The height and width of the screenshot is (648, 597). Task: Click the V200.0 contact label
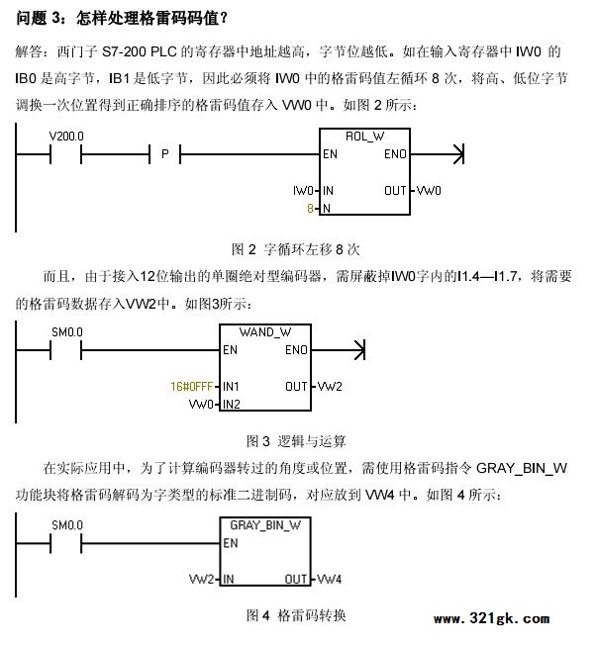tap(66, 136)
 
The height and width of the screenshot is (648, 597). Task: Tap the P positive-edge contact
tap(165, 154)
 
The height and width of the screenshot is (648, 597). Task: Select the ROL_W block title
tap(364, 137)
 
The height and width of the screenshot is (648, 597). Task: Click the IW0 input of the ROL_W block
tap(303, 191)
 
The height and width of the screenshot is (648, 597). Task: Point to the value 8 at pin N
tap(310, 209)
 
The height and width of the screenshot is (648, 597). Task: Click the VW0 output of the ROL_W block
tap(429, 191)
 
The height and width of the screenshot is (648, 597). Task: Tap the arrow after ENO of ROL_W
tap(438, 154)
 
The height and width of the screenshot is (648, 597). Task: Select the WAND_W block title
tap(265, 332)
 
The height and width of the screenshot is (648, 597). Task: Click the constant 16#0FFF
tap(191, 387)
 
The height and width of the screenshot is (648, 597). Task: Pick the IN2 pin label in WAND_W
tap(232, 404)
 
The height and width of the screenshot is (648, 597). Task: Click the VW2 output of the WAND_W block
tap(330, 387)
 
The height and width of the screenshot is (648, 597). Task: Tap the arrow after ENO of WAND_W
tap(339, 350)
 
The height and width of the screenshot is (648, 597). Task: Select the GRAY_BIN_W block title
tap(265, 525)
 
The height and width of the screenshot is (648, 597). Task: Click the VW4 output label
tap(329, 579)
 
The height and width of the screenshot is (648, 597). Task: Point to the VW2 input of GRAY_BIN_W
tap(201, 579)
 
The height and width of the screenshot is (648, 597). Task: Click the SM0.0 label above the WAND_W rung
tap(67, 332)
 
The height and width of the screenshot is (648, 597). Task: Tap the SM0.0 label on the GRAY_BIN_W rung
tap(67, 525)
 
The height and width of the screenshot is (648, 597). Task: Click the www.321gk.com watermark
tap(492, 618)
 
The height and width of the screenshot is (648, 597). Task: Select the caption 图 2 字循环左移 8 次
tap(296, 249)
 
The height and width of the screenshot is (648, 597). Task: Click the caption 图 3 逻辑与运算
tap(296, 441)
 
